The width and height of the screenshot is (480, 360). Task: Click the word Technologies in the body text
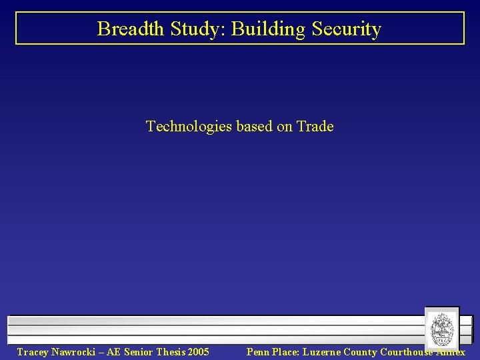coord(187,126)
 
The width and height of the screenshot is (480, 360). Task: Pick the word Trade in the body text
coord(315,126)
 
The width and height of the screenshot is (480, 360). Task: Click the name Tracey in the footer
coord(32,352)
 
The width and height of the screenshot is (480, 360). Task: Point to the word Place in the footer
coord(287,352)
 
